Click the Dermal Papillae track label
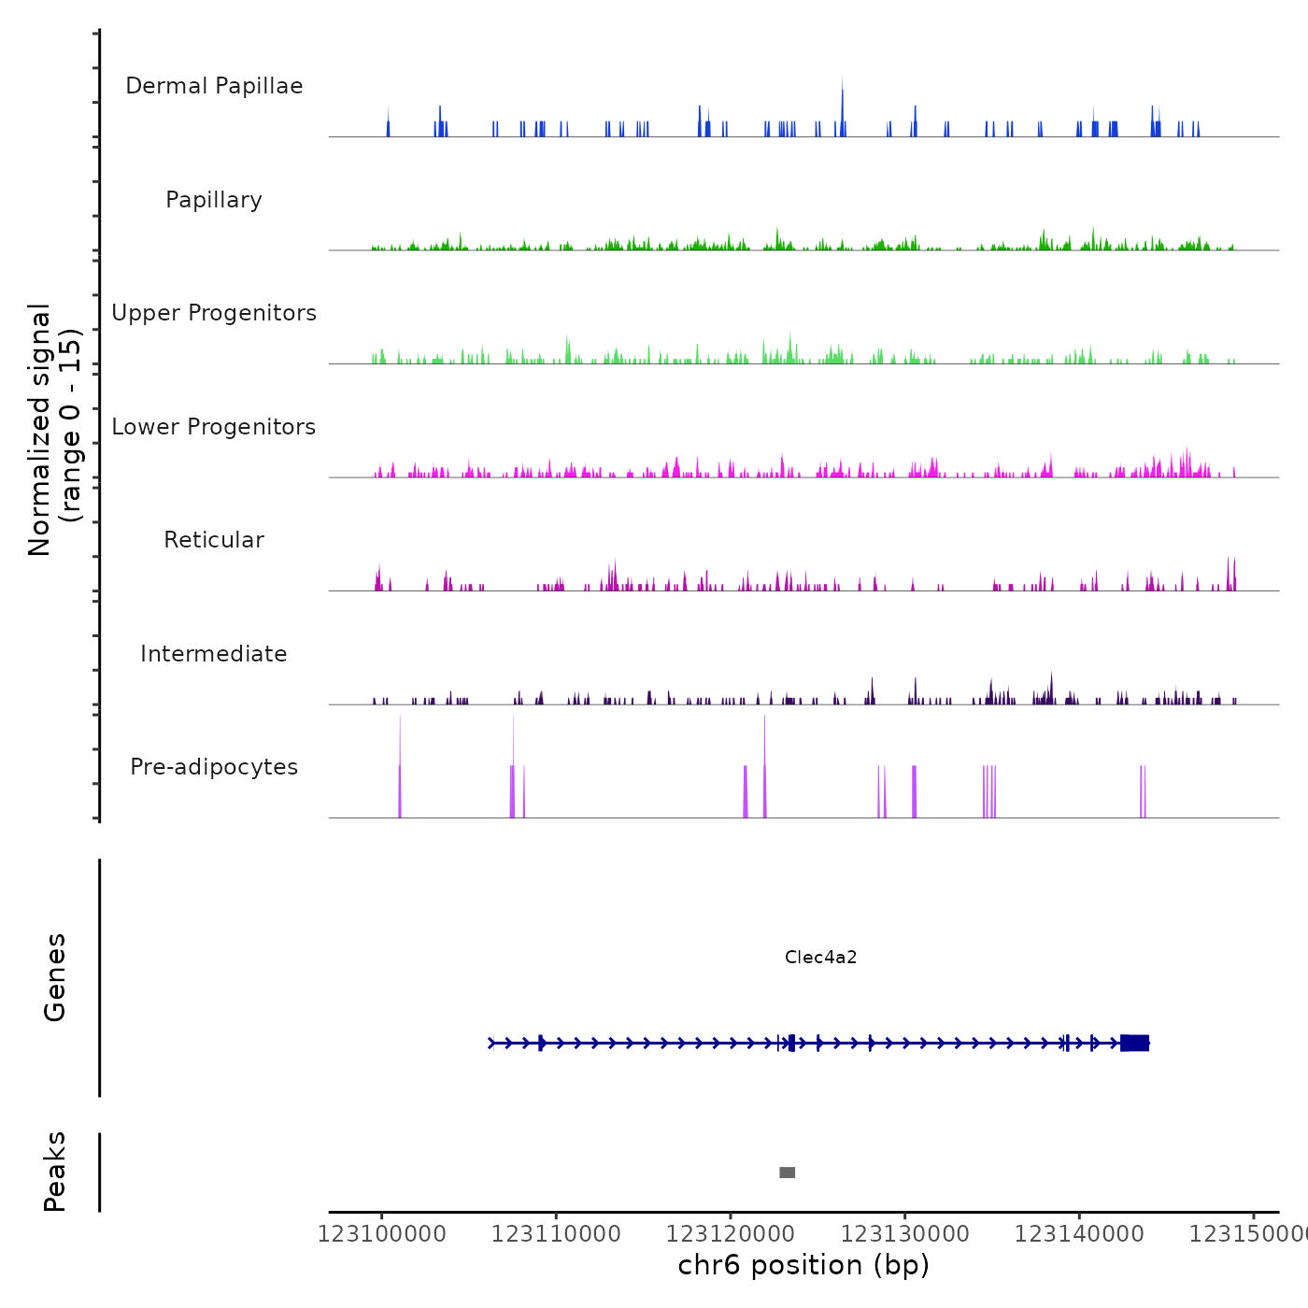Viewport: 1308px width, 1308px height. pos(214,86)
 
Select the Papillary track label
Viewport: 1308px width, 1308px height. pos(214,200)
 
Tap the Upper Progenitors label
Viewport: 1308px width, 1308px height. pos(214,313)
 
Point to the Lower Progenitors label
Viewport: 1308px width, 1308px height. pos(214,427)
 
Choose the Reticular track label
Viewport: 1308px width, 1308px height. pos(214,540)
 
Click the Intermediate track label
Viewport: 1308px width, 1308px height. pos(214,654)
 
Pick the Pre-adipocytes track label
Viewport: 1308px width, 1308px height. pos(214,767)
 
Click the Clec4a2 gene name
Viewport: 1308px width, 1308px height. pos(820,957)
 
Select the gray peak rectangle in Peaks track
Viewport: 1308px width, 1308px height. pos(788,1173)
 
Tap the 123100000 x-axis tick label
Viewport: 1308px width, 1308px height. pos(381,1234)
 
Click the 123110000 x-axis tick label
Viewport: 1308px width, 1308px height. pos(556,1234)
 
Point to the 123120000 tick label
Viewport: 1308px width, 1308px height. pos(731,1234)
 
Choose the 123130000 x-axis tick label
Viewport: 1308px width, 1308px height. pos(904,1234)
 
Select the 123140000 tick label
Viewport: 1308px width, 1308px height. pos(1079,1234)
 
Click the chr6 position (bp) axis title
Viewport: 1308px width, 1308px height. pos(803,1265)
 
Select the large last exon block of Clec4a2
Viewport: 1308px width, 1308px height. pos(1134,1043)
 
